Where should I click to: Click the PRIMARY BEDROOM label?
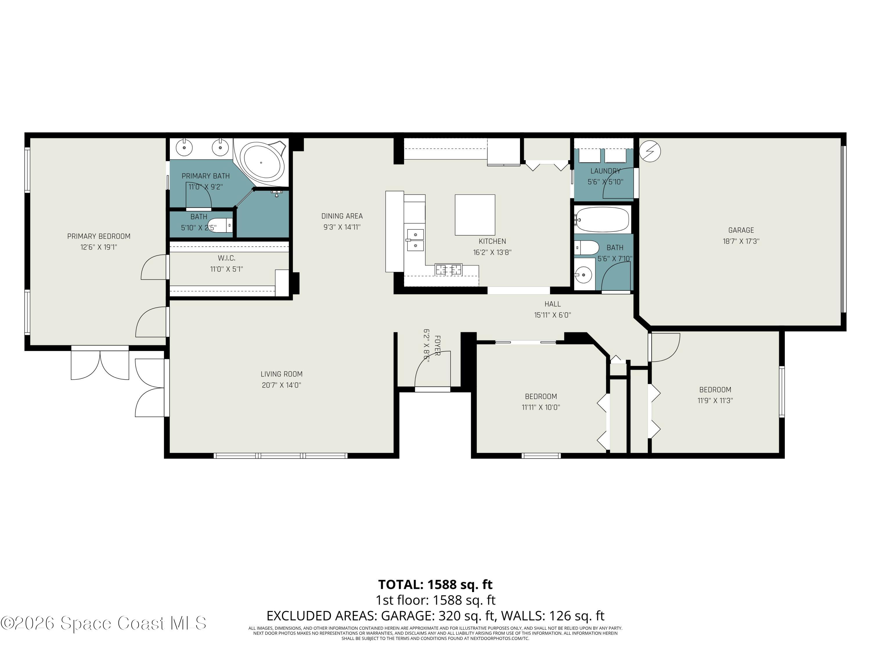(98, 236)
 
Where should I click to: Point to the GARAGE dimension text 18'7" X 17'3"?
(741, 241)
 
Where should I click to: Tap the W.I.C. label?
(226, 258)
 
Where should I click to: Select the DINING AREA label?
(342, 216)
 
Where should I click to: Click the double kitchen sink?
(415, 240)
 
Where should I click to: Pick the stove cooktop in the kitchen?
(449, 270)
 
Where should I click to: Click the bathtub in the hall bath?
(602, 219)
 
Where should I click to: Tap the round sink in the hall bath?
(584, 274)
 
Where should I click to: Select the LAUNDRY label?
(605, 171)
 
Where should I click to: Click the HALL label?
(553, 304)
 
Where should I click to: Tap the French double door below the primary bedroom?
(100, 363)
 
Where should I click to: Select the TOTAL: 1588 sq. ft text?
(435, 585)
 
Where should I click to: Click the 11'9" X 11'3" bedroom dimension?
(715, 401)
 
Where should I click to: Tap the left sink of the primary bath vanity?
(184, 148)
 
